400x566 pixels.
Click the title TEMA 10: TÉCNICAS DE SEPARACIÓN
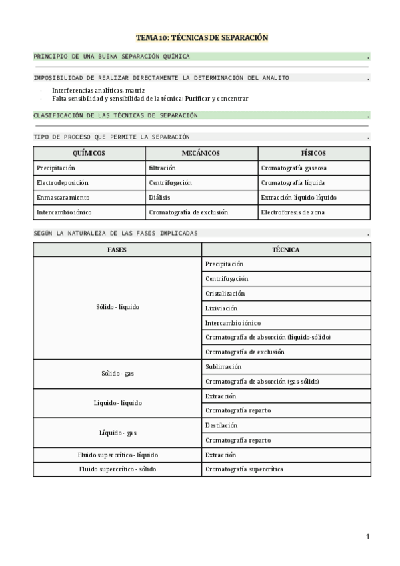[x=202, y=38]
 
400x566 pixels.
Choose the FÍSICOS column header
[x=313, y=154]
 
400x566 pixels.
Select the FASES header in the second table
[x=117, y=250]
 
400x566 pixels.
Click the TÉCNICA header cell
[x=286, y=250]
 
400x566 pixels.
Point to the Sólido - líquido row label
[x=117, y=308]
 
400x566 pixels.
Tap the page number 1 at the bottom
[x=367, y=537]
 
